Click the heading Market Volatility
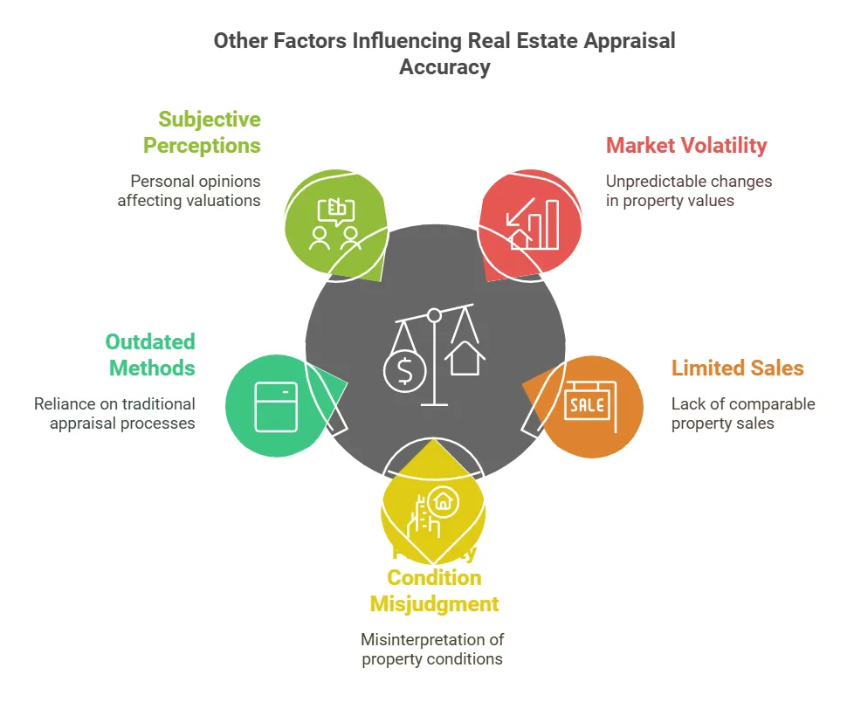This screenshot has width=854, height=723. pyautogui.click(x=686, y=145)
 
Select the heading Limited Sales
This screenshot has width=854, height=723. pyautogui.click(x=737, y=368)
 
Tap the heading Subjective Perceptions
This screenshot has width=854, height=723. pyautogui.click(x=202, y=132)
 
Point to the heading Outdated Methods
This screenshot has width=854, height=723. pyautogui.click(x=150, y=355)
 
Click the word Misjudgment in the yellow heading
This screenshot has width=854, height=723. pyautogui.click(x=434, y=603)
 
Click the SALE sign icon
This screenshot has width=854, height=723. pyautogui.click(x=588, y=405)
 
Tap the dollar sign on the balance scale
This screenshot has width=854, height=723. pyautogui.click(x=404, y=371)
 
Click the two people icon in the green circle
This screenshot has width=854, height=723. pyautogui.click(x=335, y=224)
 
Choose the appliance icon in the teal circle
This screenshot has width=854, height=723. pyautogui.click(x=276, y=406)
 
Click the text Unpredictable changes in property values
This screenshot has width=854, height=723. pyautogui.click(x=689, y=190)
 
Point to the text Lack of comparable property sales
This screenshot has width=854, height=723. pyautogui.click(x=742, y=413)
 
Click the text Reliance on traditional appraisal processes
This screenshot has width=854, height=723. pyautogui.click(x=114, y=413)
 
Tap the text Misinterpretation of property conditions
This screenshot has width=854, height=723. pyautogui.click(x=432, y=649)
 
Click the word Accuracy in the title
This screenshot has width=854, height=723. pyautogui.click(x=444, y=66)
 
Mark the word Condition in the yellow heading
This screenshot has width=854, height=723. pyautogui.click(x=434, y=577)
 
